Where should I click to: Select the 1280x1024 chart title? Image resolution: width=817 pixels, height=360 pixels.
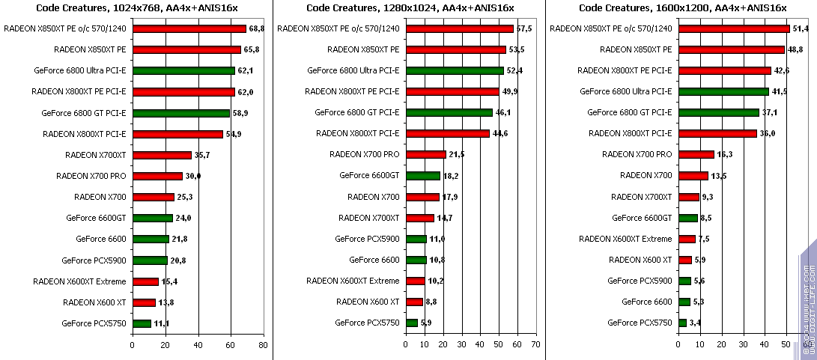tap(409, 7)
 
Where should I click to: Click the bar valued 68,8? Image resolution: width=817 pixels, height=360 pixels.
tap(189, 28)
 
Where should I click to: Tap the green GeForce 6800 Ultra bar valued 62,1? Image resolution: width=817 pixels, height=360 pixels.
tap(183, 71)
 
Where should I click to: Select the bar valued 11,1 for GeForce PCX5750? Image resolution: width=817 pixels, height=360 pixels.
tap(142, 323)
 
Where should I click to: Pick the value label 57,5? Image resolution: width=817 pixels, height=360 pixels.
tap(524, 28)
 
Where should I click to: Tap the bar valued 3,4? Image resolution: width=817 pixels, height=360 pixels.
tap(682, 323)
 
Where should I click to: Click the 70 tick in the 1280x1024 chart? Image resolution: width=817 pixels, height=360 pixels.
tap(535, 345)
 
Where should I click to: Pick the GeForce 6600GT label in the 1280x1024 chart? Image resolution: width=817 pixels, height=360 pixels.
tap(369, 176)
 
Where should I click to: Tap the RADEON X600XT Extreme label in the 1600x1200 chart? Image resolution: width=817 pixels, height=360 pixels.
tap(626, 239)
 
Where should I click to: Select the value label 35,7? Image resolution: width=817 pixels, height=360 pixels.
tap(202, 155)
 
